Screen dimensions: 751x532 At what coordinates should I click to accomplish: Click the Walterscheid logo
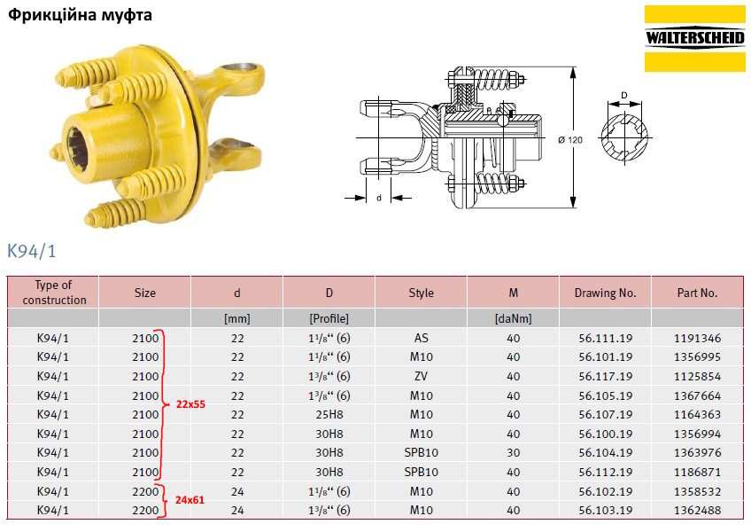tap(694, 38)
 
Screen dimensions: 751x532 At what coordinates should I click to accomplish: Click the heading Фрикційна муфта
tap(80, 15)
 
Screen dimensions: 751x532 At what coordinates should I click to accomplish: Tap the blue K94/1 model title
tap(32, 251)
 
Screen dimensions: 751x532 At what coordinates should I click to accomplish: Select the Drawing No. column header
tap(605, 293)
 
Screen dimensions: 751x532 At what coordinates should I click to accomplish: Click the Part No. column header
tap(697, 293)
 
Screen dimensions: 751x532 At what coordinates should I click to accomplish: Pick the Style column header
tap(421, 293)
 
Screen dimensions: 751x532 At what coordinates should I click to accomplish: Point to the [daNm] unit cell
tap(513, 318)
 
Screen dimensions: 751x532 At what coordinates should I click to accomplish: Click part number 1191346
tap(697, 338)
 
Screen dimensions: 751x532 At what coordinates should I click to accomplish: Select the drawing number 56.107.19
tap(605, 414)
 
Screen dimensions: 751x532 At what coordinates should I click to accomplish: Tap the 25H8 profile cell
tap(329, 414)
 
